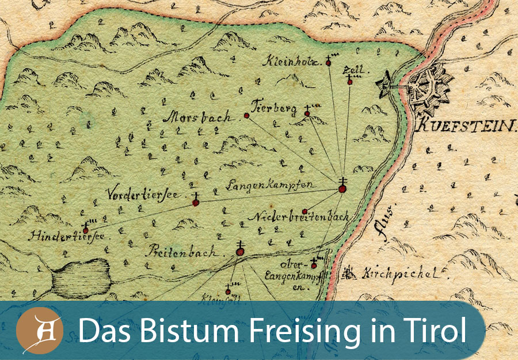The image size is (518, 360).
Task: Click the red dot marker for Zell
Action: tap(349, 82)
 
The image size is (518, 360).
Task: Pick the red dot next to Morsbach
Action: tap(246, 116)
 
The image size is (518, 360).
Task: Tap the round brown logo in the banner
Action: tap(39, 332)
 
